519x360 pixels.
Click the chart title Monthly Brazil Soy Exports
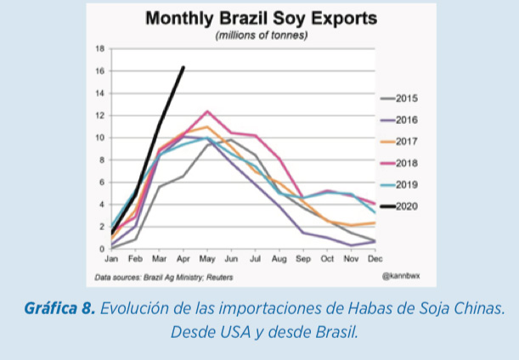261,18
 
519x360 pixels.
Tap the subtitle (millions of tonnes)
262,35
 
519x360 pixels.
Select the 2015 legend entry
399,98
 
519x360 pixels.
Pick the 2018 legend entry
399,163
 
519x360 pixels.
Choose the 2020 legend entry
399,206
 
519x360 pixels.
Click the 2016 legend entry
399,120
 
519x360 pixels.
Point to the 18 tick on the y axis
100,49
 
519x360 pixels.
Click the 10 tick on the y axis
100,138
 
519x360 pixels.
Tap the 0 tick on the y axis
102,249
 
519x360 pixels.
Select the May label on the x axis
207,259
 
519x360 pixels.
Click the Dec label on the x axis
375,259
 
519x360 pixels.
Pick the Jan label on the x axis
111,259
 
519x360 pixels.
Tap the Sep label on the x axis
303,259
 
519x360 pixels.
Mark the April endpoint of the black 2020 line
183,67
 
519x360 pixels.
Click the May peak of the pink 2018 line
207,111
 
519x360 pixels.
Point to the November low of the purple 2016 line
351,245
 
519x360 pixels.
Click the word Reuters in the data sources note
220,278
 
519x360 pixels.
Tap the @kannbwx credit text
401,276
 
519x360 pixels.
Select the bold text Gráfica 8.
60,308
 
